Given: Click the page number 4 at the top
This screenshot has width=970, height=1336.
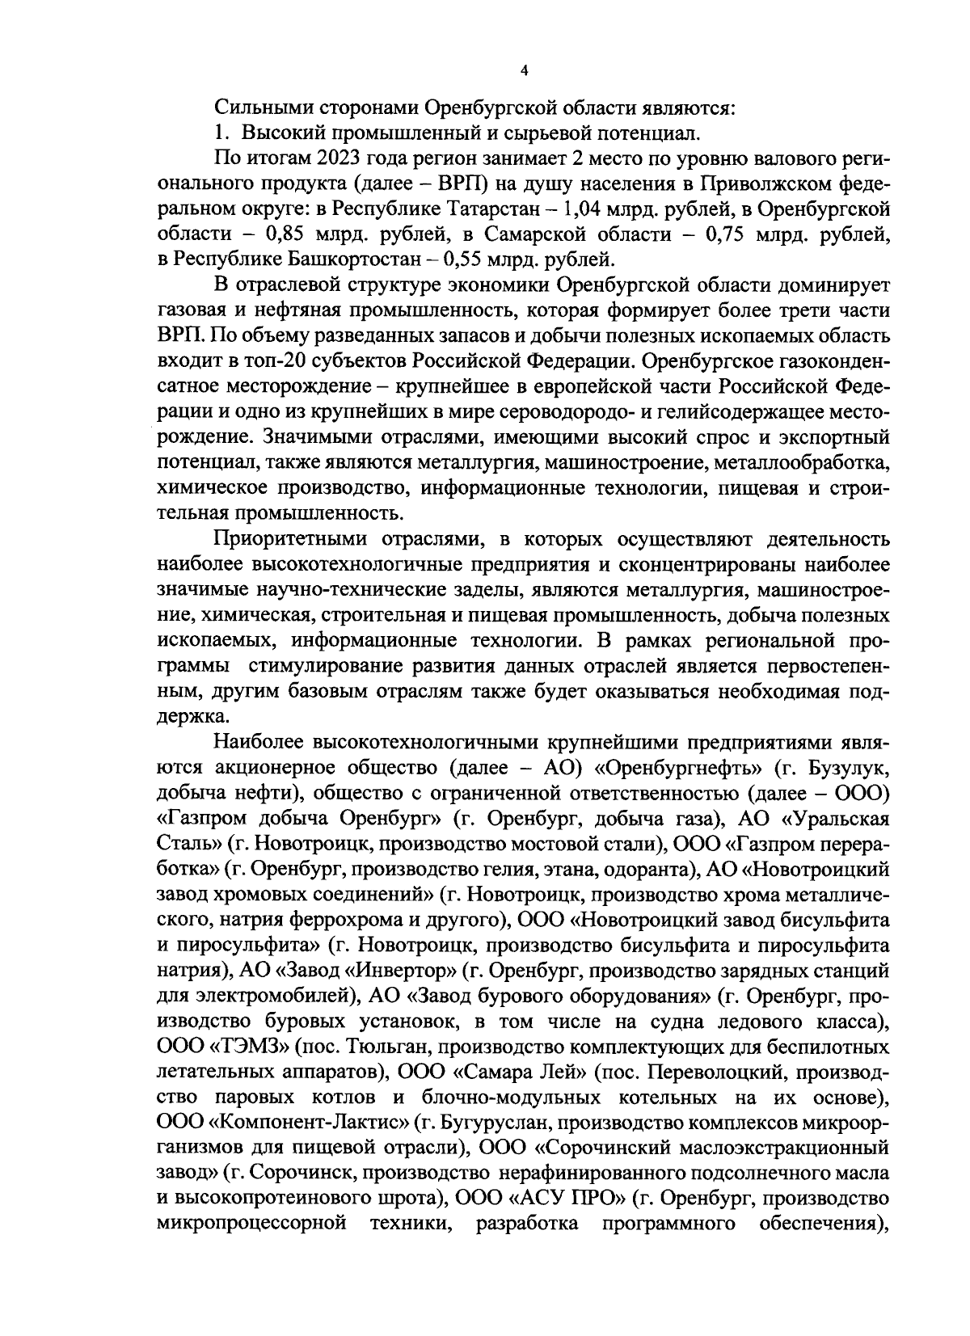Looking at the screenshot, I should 524,70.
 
